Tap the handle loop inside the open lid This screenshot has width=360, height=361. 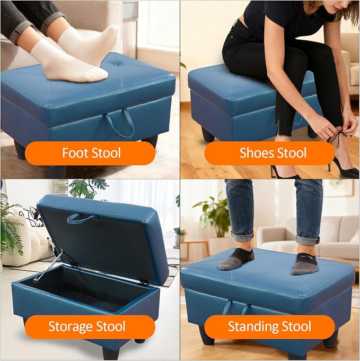(81, 218)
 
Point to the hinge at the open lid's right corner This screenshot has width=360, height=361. (144, 282)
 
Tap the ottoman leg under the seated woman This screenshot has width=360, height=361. (208, 135)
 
